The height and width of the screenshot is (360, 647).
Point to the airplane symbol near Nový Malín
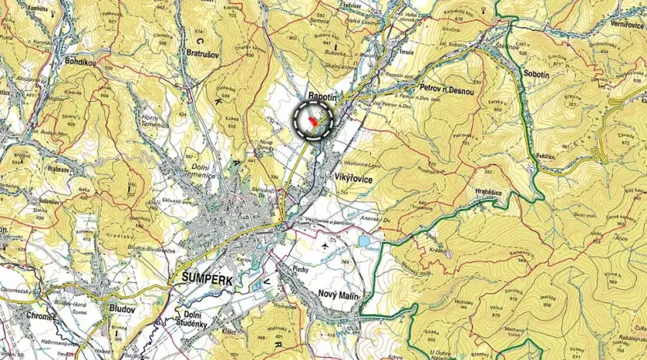click(x=324, y=246)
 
